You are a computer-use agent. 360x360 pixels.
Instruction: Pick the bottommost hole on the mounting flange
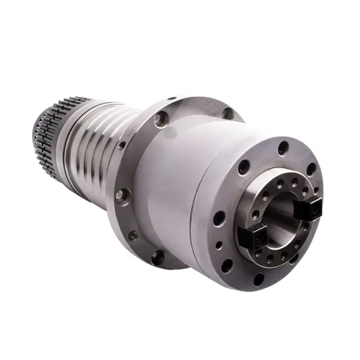[x=157, y=258]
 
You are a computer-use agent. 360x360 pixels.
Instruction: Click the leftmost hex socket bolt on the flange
[x=121, y=194]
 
